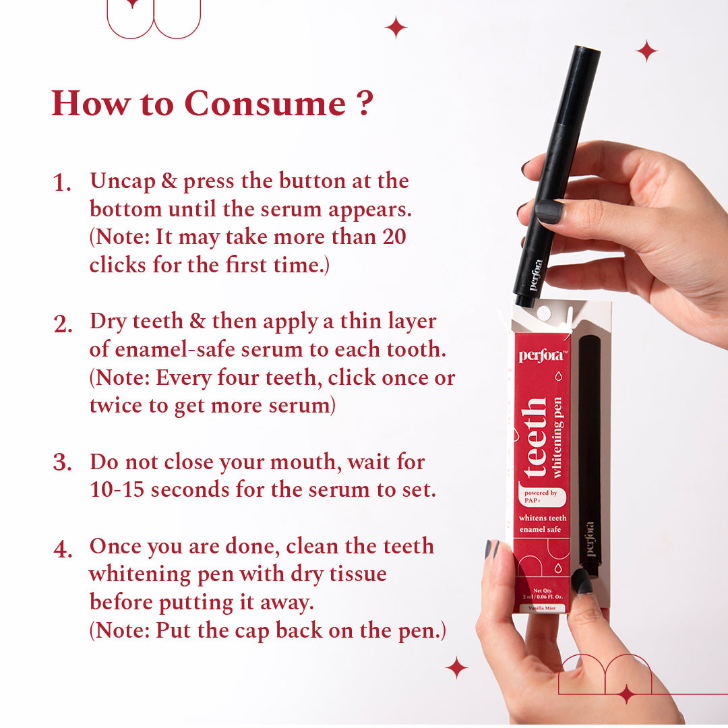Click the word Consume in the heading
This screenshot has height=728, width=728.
[265, 103]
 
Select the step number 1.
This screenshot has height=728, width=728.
[62, 183]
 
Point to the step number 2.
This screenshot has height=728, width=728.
[63, 324]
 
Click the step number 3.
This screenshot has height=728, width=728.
[62, 462]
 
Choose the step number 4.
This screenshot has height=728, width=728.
[63, 549]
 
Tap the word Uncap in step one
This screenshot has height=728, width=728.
[123, 181]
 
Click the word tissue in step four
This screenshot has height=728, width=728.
[358, 574]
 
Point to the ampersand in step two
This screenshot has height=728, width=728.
[198, 322]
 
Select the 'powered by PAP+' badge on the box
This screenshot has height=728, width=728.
[541, 497]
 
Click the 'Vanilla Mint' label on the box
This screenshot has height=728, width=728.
[542, 608]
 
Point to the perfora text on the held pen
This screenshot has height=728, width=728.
[537, 275]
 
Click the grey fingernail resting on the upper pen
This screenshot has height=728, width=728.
[550, 212]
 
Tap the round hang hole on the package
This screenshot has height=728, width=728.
[543, 313]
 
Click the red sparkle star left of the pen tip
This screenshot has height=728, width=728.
[396, 28]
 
